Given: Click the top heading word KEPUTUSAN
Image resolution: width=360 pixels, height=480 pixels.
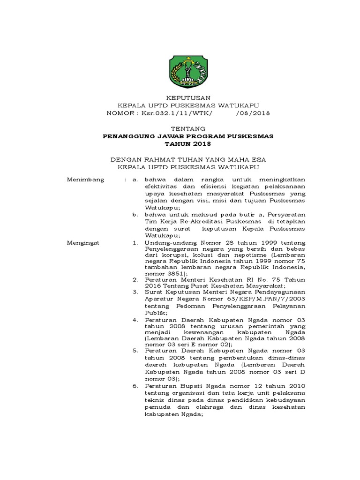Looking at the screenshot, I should tap(180, 97).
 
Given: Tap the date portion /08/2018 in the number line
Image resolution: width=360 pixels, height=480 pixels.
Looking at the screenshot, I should tap(253, 113).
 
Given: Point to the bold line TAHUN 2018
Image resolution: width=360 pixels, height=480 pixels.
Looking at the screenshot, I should tap(180, 144).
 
